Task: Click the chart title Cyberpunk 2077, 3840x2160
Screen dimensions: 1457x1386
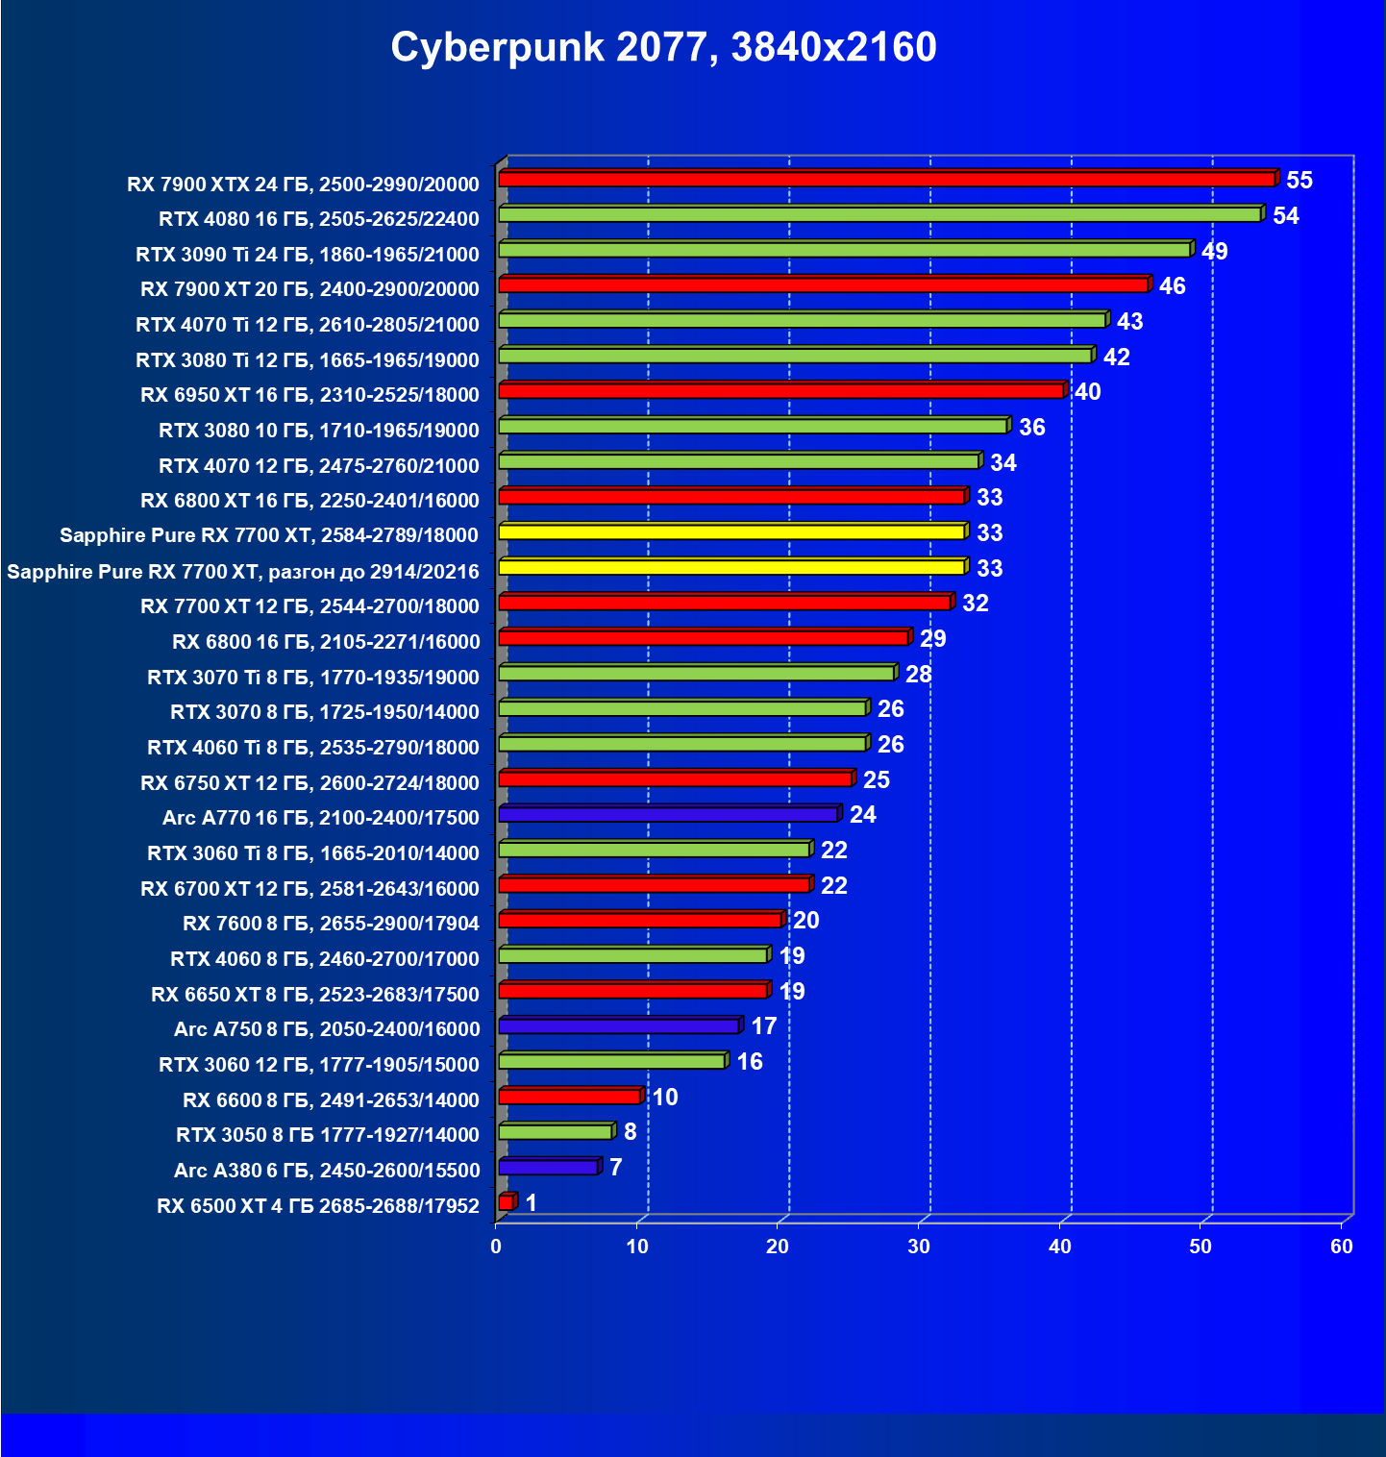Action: coord(663,47)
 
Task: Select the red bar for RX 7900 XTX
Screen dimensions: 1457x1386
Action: coord(886,180)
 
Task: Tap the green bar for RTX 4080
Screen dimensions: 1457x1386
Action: coord(879,214)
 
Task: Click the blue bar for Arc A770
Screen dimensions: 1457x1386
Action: coord(668,815)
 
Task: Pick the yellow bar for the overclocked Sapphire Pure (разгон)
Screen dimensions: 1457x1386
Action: coord(731,568)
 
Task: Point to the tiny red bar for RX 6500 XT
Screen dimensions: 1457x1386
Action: coord(506,1202)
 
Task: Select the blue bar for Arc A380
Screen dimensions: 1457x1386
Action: coord(548,1168)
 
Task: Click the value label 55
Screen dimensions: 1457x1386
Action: coord(1299,181)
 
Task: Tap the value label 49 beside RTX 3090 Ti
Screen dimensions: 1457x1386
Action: coord(1215,252)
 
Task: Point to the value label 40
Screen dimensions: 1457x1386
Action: coord(1088,392)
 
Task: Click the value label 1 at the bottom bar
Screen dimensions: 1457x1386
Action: coord(532,1203)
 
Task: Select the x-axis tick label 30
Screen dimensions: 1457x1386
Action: coord(919,1247)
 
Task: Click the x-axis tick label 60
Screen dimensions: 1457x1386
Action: coord(1342,1247)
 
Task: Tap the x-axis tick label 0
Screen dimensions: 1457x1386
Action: coord(496,1247)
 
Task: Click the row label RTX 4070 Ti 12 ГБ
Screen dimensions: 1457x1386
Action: coord(308,325)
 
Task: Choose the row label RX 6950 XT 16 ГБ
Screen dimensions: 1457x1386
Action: coord(309,395)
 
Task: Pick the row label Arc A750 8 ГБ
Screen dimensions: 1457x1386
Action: coord(327,1029)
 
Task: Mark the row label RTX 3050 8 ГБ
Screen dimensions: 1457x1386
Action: coord(328,1135)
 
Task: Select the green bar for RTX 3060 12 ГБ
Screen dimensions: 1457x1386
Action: coord(611,1062)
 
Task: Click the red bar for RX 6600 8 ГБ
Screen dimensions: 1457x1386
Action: coord(569,1097)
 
